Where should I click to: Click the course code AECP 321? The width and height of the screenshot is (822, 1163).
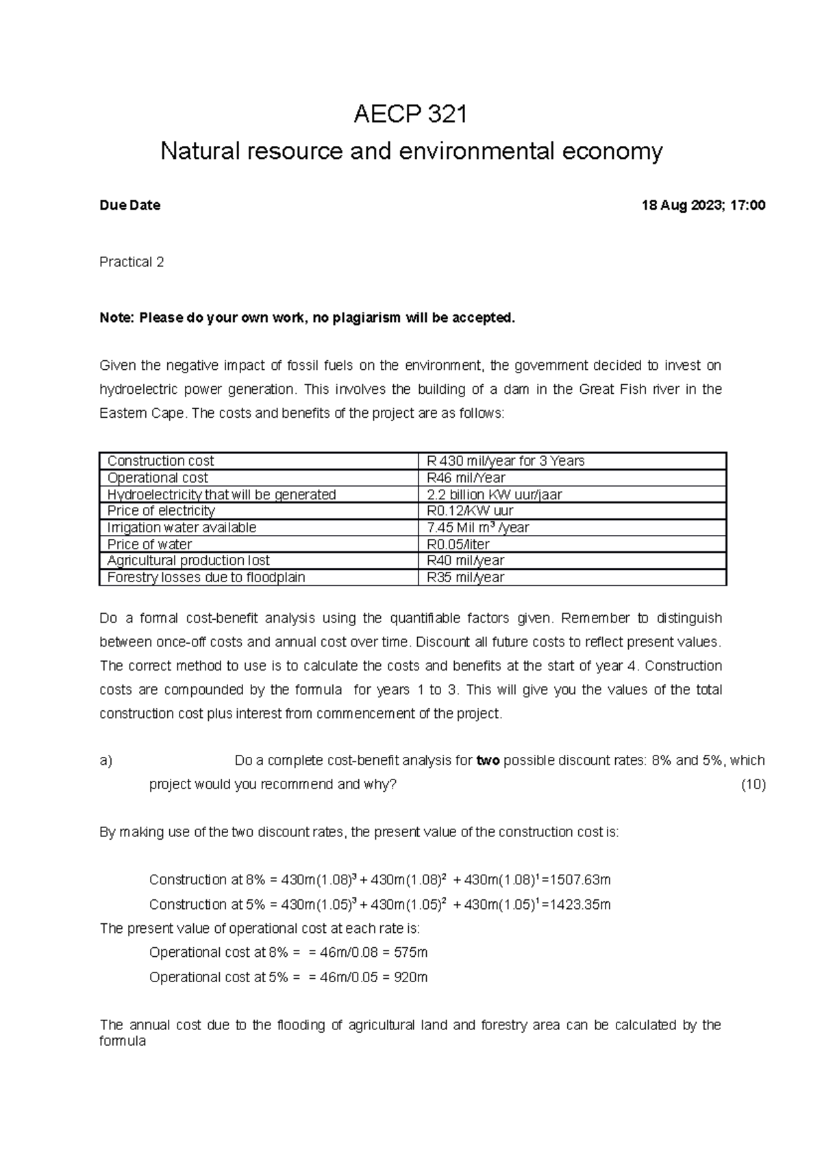[410, 114]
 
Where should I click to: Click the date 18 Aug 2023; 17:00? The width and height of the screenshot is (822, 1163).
[703, 205]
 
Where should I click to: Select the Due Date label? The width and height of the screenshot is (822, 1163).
[129, 205]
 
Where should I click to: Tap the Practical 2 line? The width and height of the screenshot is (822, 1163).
[132, 262]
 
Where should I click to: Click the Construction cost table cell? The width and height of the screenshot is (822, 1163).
[160, 462]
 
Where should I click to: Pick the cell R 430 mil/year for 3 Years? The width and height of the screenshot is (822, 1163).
[506, 462]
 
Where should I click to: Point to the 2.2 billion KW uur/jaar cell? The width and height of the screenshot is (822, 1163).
[494, 495]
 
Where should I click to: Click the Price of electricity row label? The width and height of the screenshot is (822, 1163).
[161, 511]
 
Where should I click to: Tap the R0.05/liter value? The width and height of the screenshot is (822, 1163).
[454, 545]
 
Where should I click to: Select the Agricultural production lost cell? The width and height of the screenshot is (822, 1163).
[188, 561]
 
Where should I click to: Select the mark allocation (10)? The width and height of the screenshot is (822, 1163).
[754, 785]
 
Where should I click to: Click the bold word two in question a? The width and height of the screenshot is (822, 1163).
[488, 761]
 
